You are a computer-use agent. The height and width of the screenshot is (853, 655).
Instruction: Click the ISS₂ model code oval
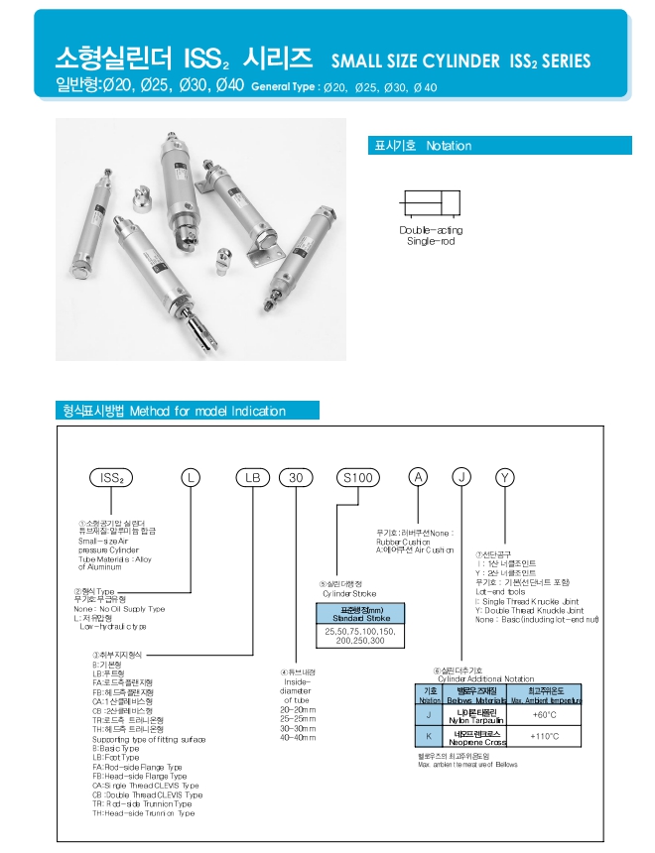[x=111, y=477]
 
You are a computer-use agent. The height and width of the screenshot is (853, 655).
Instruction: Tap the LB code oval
[x=252, y=477]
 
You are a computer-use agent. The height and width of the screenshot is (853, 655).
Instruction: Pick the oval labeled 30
[x=295, y=477]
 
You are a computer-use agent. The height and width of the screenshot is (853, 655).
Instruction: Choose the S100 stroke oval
[x=356, y=477]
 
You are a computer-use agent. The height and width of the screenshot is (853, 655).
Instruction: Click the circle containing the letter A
[x=420, y=477]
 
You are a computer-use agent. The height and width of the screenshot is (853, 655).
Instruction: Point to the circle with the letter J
[x=461, y=477]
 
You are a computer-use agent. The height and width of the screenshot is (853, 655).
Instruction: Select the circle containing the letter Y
[x=504, y=477]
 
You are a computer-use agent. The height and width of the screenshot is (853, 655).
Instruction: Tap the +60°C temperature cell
[x=544, y=714]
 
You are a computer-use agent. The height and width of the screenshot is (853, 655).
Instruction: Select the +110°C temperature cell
[x=544, y=736]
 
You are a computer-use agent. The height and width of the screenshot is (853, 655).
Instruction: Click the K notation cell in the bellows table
[x=430, y=736]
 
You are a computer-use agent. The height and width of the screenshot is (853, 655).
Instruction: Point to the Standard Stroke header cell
[x=359, y=614]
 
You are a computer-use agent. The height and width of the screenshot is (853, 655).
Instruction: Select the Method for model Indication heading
[x=188, y=411]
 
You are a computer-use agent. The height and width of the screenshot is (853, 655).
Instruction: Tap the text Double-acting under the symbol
[x=431, y=230]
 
